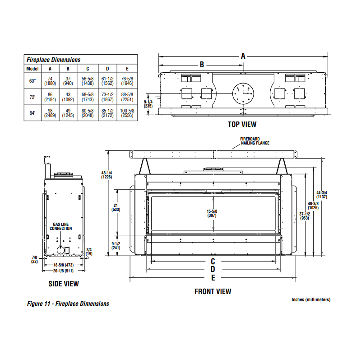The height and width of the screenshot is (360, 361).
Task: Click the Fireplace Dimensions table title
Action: tap(53, 60)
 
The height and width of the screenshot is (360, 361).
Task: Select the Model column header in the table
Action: tap(32, 69)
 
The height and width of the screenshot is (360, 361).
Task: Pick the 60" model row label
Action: tap(32, 81)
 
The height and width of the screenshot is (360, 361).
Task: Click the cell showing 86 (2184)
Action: tap(50, 97)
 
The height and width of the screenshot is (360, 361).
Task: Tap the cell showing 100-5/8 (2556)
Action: tap(127, 113)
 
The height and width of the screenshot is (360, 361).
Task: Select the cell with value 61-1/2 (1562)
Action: tap(107, 81)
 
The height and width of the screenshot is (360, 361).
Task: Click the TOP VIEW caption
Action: tap(243, 124)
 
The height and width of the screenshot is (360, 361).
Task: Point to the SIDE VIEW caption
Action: tap(64, 284)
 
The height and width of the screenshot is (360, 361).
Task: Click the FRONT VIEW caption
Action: tap(213, 291)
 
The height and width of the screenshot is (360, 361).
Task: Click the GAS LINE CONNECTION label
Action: tap(62, 226)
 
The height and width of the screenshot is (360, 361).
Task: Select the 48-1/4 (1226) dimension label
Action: tap(106, 175)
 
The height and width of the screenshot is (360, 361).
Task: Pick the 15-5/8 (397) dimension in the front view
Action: tap(212, 213)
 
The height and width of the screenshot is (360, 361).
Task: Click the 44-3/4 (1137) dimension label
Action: tap(322, 195)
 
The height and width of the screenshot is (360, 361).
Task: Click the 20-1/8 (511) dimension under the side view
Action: tap(63, 271)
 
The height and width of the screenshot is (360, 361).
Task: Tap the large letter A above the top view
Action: tap(243, 56)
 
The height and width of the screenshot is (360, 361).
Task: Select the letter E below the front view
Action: tap(213, 278)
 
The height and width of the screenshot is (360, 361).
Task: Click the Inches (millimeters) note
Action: tap(311, 299)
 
